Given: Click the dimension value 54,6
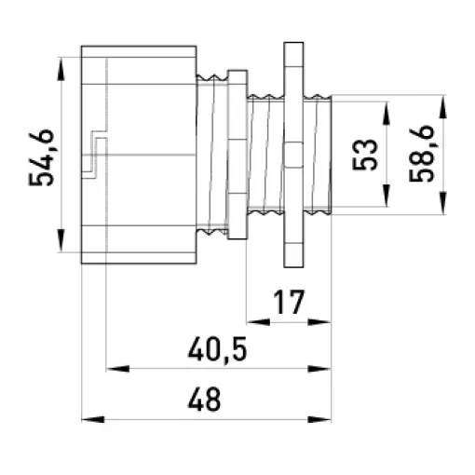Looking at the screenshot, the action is pos(41,157).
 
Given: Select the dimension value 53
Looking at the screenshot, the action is pos(365,155).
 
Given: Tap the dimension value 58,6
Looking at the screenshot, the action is pos(421,154).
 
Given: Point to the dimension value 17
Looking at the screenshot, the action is pos(289,302).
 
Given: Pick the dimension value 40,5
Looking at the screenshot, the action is pos(218,348).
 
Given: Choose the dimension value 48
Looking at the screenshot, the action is pos(205,399).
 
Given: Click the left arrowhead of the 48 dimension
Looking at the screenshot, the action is pos(93,419).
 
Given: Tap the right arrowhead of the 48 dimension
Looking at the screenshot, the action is pos(319,419).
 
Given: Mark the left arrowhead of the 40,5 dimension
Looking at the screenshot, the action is pos(117,369).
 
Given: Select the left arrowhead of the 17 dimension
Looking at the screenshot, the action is pos(258,322).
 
